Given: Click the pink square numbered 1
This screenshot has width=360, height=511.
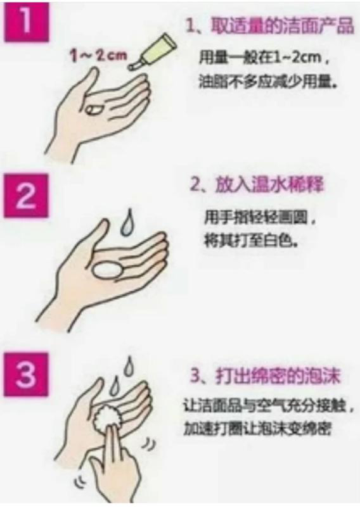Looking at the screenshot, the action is point(27,22).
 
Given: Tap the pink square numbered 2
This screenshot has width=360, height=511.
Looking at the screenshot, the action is point(26,196).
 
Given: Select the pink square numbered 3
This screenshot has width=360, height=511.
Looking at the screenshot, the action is point(26,374).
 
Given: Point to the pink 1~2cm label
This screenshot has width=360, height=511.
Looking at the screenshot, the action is point(98,56).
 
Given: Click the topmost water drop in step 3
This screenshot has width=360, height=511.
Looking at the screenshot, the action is point(129,366).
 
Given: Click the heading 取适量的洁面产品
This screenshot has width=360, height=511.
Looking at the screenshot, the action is point(283,25).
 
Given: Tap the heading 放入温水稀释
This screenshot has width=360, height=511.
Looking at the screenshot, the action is point(269,186).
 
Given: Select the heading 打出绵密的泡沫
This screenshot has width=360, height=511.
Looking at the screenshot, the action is point(278,376).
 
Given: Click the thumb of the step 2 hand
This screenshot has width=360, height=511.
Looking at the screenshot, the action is point(97,236).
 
